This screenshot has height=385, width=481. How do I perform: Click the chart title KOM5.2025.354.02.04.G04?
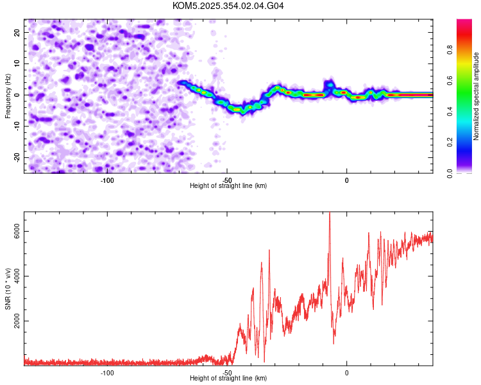pyautogui.click(x=228, y=6)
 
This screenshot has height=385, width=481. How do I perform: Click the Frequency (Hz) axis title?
pyautogui.click(x=8, y=96)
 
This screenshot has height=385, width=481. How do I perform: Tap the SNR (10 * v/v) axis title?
pyautogui.click(x=8, y=289)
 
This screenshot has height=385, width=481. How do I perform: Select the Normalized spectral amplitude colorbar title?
pyautogui.click(x=476, y=96)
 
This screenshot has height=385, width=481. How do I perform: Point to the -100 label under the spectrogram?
pyautogui.click(x=107, y=180)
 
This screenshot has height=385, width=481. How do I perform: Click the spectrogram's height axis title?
pyautogui.click(x=228, y=186)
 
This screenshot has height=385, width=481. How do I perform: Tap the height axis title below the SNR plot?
pyautogui.click(x=228, y=379)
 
